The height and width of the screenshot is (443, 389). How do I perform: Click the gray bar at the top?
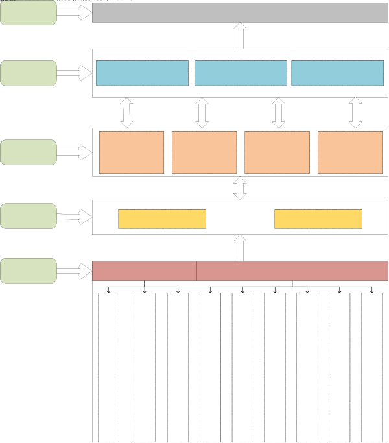(240, 12)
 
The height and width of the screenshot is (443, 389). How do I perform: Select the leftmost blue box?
(142, 73)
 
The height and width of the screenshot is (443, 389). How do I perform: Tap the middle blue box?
(241, 73)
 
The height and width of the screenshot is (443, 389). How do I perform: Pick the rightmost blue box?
(337, 73)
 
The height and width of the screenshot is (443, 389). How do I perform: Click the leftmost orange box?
(132, 152)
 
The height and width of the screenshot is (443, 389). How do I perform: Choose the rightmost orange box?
(350, 152)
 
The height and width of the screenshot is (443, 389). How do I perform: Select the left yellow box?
(161, 219)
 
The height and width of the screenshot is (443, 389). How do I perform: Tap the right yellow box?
(318, 219)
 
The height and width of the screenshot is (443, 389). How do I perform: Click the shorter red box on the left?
(145, 270)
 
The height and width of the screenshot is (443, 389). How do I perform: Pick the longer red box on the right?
(292, 270)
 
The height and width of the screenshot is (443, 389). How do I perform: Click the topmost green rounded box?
(29, 13)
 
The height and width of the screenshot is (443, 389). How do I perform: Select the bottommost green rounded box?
(29, 270)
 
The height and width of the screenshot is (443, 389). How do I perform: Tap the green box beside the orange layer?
(29, 152)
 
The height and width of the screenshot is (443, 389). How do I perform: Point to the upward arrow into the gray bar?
(240, 35)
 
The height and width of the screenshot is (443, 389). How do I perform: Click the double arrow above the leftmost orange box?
(127, 113)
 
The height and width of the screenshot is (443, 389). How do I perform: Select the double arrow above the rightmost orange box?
(355, 113)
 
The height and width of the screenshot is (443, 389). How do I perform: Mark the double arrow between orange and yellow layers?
(240, 188)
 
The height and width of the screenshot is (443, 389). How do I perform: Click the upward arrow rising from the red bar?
(240, 248)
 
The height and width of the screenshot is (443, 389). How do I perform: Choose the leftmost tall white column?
(108, 366)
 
